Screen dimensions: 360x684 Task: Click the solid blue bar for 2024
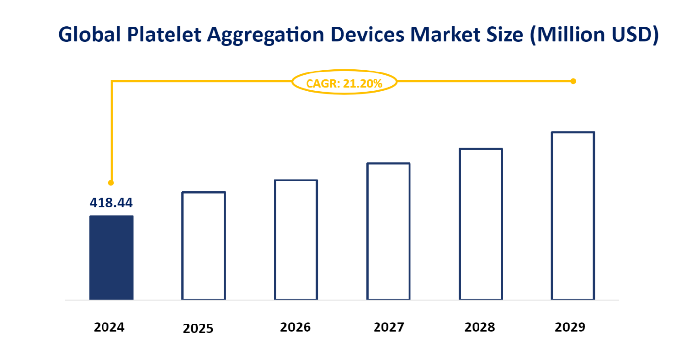pyautogui.click(x=111, y=257)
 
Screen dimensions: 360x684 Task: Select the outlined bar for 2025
pyautogui.click(x=204, y=246)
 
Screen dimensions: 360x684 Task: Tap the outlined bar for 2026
pyautogui.click(x=296, y=240)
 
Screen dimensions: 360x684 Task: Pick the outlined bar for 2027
pyautogui.click(x=388, y=231)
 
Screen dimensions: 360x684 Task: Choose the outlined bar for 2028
pyautogui.click(x=480, y=224)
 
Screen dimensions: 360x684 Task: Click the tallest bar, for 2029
pyautogui.click(x=573, y=216)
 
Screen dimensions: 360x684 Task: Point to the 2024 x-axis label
pyautogui.click(x=109, y=327)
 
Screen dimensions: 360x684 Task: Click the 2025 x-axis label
pyautogui.click(x=198, y=328)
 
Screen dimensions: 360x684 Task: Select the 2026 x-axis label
pyautogui.click(x=296, y=327)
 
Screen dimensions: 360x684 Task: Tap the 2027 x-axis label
pyautogui.click(x=388, y=327)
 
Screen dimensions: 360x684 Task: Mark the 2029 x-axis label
pyautogui.click(x=570, y=327)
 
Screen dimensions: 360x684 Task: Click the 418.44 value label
pyautogui.click(x=111, y=203)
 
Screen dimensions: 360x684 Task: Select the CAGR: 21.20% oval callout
pyautogui.click(x=344, y=83)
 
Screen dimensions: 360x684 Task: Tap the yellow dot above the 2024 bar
pyautogui.click(x=111, y=183)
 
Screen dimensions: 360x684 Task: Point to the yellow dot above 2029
pyautogui.click(x=573, y=81)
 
